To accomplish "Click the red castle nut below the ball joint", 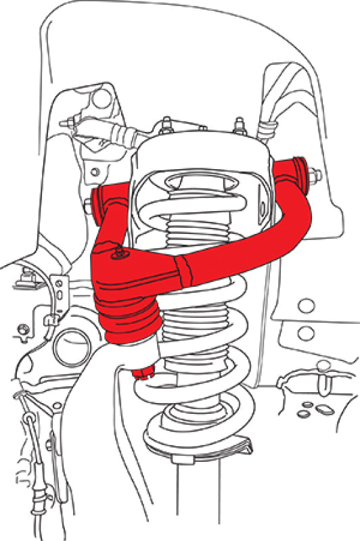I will coord(144,371).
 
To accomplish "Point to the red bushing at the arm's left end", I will coord(100,200).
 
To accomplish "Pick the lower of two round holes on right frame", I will coord(307,332).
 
